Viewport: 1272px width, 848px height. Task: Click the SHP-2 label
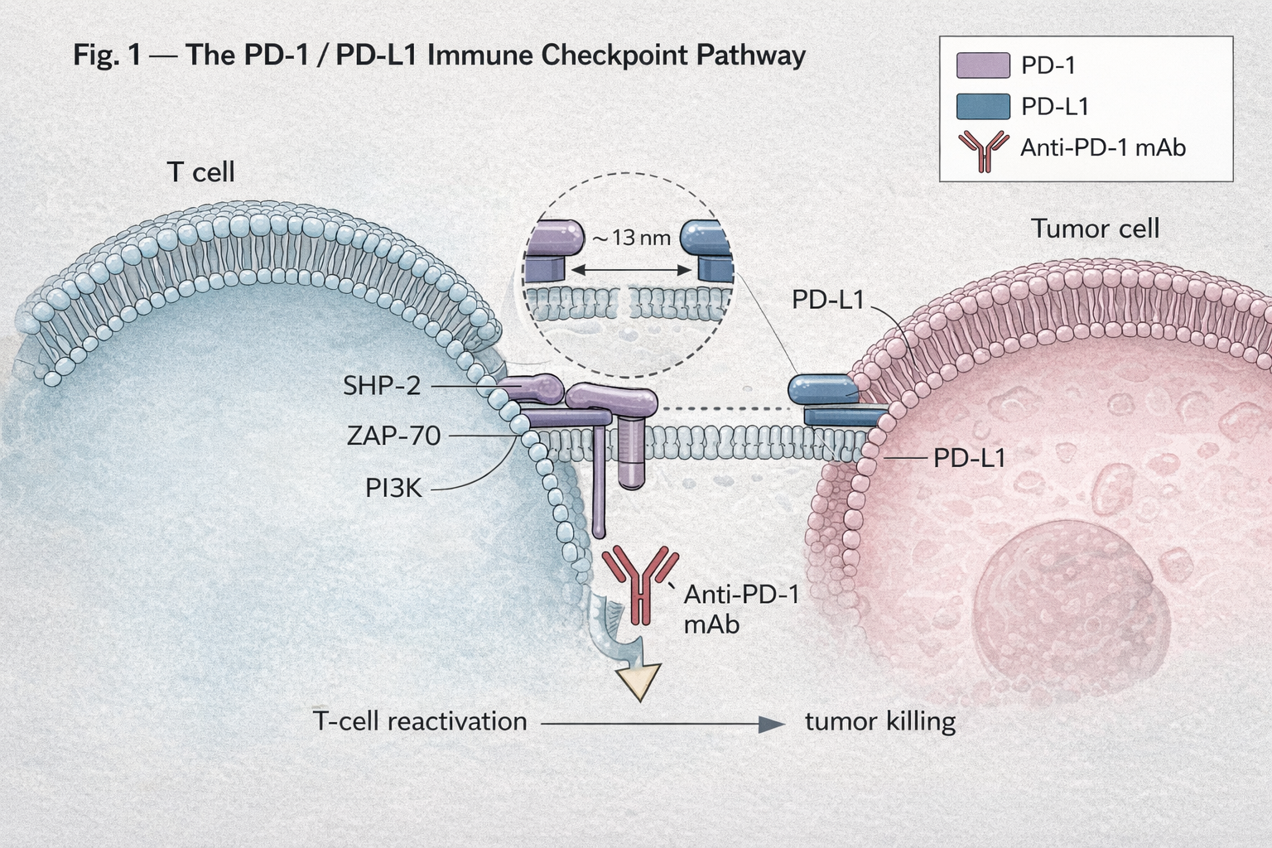click(x=382, y=386)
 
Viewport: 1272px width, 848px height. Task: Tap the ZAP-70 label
click(x=393, y=436)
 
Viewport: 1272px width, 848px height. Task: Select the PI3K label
click(x=393, y=489)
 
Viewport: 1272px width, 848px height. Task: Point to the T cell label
click(x=201, y=172)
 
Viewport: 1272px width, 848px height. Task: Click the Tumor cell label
click(x=1095, y=229)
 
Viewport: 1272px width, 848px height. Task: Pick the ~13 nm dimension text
click(x=631, y=238)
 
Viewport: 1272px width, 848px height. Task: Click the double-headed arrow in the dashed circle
click(x=632, y=270)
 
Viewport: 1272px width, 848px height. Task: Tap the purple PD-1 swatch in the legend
click(x=983, y=65)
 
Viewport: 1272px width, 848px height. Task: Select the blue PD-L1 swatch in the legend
click(x=983, y=107)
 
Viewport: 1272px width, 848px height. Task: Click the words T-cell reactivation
click(x=420, y=721)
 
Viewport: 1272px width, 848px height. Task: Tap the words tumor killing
click(x=880, y=721)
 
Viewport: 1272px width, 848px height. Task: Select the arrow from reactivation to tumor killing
click(x=662, y=724)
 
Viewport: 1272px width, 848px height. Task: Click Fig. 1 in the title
click(x=107, y=55)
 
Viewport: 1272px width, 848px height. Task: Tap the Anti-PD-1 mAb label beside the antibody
click(x=740, y=609)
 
